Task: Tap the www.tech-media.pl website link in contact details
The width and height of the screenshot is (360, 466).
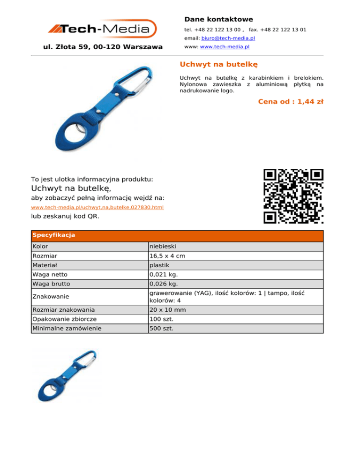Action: pyautogui.click(x=225, y=47)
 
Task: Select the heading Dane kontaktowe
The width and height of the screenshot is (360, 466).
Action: pyautogui.click(x=218, y=19)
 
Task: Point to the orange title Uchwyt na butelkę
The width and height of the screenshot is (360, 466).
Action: pyautogui.click(x=218, y=64)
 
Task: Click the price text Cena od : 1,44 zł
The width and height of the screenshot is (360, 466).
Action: pyautogui.click(x=291, y=101)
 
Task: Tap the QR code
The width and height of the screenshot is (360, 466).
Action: pyautogui.click(x=293, y=196)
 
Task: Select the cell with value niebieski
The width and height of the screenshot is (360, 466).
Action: pyautogui.click(x=163, y=246)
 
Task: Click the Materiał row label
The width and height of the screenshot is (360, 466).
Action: pyautogui.click(x=46, y=265)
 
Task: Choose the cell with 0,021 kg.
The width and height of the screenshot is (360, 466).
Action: pyautogui.click(x=163, y=275)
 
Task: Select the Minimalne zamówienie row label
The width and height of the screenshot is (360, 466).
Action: pyautogui.click(x=66, y=328)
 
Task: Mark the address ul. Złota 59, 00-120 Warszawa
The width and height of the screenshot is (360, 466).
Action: pyautogui.click(x=103, y=47)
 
